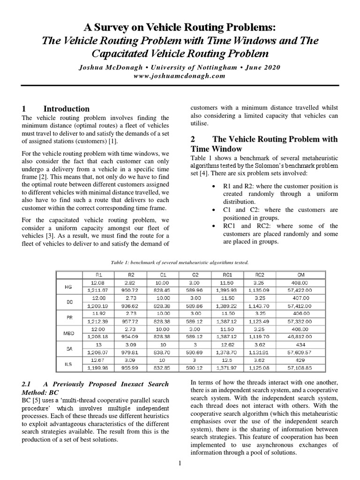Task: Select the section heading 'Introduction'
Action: (66, 109)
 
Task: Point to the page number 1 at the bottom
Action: (180, 464)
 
